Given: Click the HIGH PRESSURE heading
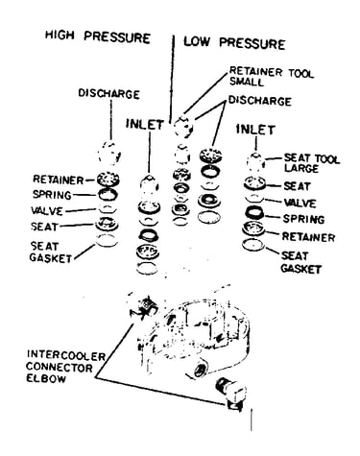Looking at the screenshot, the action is point(98,36).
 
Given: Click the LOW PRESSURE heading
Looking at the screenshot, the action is point(234,42).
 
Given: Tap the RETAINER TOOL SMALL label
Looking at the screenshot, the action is point(272,76).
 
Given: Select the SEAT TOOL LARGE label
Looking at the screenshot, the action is point(311,163).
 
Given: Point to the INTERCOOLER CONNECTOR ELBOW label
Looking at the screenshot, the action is point(65,367).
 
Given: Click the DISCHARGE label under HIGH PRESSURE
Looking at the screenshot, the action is point(109,94).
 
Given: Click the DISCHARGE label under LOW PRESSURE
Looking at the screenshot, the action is point(259,101).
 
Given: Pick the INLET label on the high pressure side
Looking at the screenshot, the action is point(145,124).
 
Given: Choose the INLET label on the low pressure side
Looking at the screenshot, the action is point(255,130).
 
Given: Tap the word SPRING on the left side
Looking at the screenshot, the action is point(52,195).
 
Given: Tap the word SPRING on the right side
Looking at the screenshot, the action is point(303,219).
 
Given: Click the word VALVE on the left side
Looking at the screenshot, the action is point(47,211).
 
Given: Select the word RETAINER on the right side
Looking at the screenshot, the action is point(308,237).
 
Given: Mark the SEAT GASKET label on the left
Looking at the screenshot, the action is point(51,252).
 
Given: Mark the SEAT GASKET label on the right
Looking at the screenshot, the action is point(300,262).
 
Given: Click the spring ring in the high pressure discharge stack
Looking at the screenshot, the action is point(108,194).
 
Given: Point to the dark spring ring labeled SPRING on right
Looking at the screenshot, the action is point(254,212).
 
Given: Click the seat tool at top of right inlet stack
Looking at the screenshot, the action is point(255,162).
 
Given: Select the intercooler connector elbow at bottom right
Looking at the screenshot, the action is point(231,394).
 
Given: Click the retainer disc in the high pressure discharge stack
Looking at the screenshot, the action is point(108,179).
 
